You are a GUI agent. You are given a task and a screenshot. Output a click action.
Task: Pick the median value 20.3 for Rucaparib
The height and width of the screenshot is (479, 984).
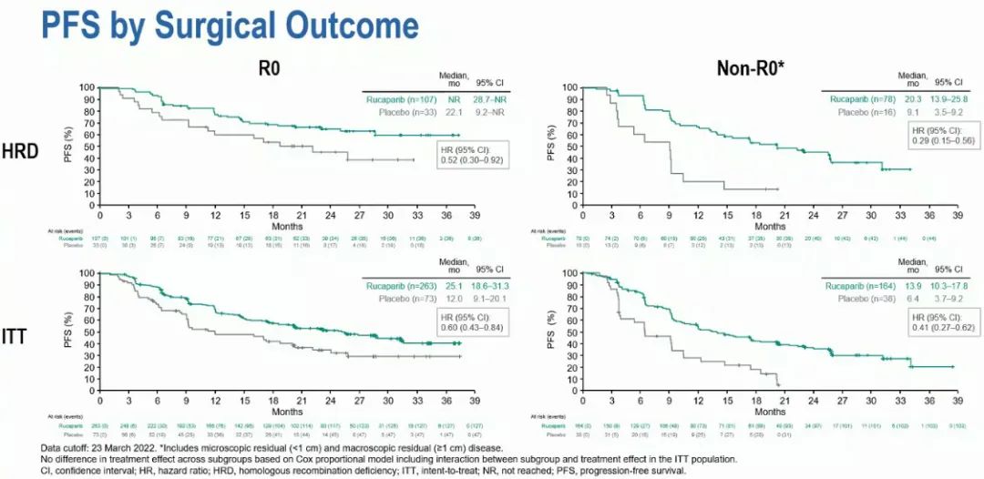912,97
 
